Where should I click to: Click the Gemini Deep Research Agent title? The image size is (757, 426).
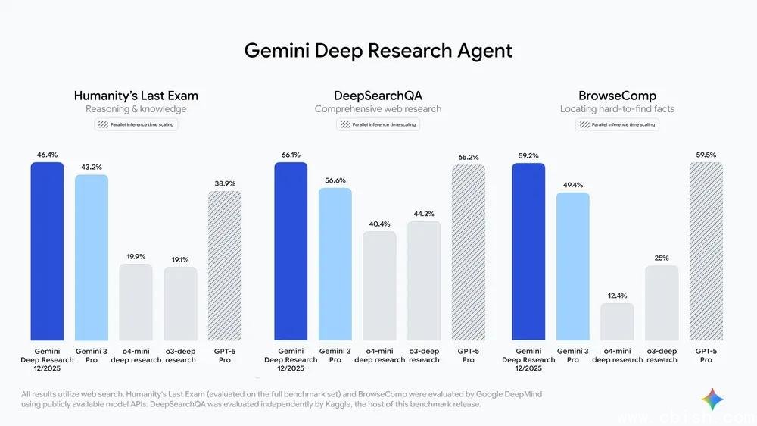click(378, 51)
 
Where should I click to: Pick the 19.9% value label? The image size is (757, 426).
click(136, 257)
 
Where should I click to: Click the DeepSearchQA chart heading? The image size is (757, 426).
click(378, 96)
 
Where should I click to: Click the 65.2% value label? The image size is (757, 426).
click(469, 157)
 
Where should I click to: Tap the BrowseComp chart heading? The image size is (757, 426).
click(617, 96)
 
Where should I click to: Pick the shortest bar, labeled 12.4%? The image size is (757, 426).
click(617, 321)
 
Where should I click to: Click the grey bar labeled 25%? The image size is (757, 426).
click(662, 302)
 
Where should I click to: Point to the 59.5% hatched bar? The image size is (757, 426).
click(706, 250)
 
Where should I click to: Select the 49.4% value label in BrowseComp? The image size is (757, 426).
click(572, 184)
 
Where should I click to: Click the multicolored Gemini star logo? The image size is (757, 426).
click(712, 399)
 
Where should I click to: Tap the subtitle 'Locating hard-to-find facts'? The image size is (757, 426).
click(617, 109)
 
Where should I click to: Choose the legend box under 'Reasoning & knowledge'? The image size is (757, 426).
click(136, 124)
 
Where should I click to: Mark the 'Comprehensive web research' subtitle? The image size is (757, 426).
click(378, 109)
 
